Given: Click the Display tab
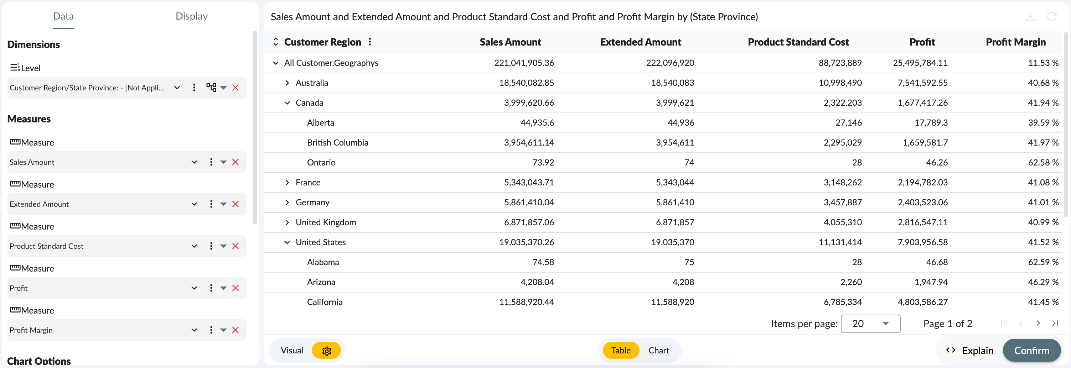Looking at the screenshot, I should [x=191, y=16].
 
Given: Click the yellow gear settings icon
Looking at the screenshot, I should [x=326, y=351].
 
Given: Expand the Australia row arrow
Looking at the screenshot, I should [x=287, y=83].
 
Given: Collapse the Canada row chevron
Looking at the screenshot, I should [x=287, y=103].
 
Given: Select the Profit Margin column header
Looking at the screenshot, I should [x=1015, y=42].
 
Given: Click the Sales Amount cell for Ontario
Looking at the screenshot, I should [x=543, y=162].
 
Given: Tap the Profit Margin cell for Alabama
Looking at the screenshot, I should [x=1043, y=262].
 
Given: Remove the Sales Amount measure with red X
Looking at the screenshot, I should [x=235, y=162].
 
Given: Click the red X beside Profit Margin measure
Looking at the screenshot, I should [x=235, y=330].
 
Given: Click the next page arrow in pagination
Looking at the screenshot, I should [x=1038, y=323].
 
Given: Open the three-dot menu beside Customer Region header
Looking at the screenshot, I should [x=369, y=42].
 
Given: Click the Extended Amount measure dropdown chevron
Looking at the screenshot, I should [x=194, y=204].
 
